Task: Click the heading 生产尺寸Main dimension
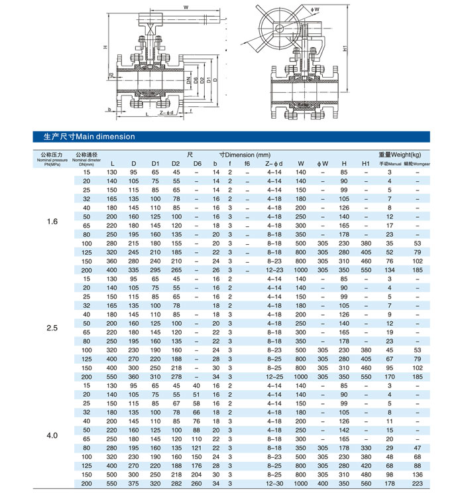tap(84, 137)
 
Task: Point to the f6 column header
tap(247, 163)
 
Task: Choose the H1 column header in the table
tap(365, 163)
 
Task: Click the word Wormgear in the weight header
tap(418, 163)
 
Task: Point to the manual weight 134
tap(390, 270)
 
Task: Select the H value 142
tap(343, 430)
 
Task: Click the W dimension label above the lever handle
tap(186, 7)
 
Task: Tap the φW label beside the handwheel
tap(316, 9)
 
